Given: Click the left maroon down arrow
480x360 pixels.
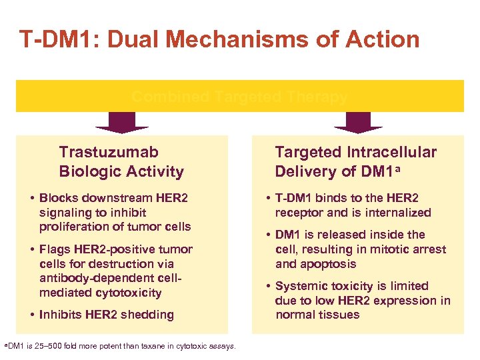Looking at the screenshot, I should click(122, 122).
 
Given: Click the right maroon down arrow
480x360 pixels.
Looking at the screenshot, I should click(358, 122).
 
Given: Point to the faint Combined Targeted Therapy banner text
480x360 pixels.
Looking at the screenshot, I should click(239, 97).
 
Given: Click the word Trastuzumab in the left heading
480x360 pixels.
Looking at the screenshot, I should click(109, 152).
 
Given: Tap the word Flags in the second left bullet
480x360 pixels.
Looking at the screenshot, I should click(56, 249).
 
